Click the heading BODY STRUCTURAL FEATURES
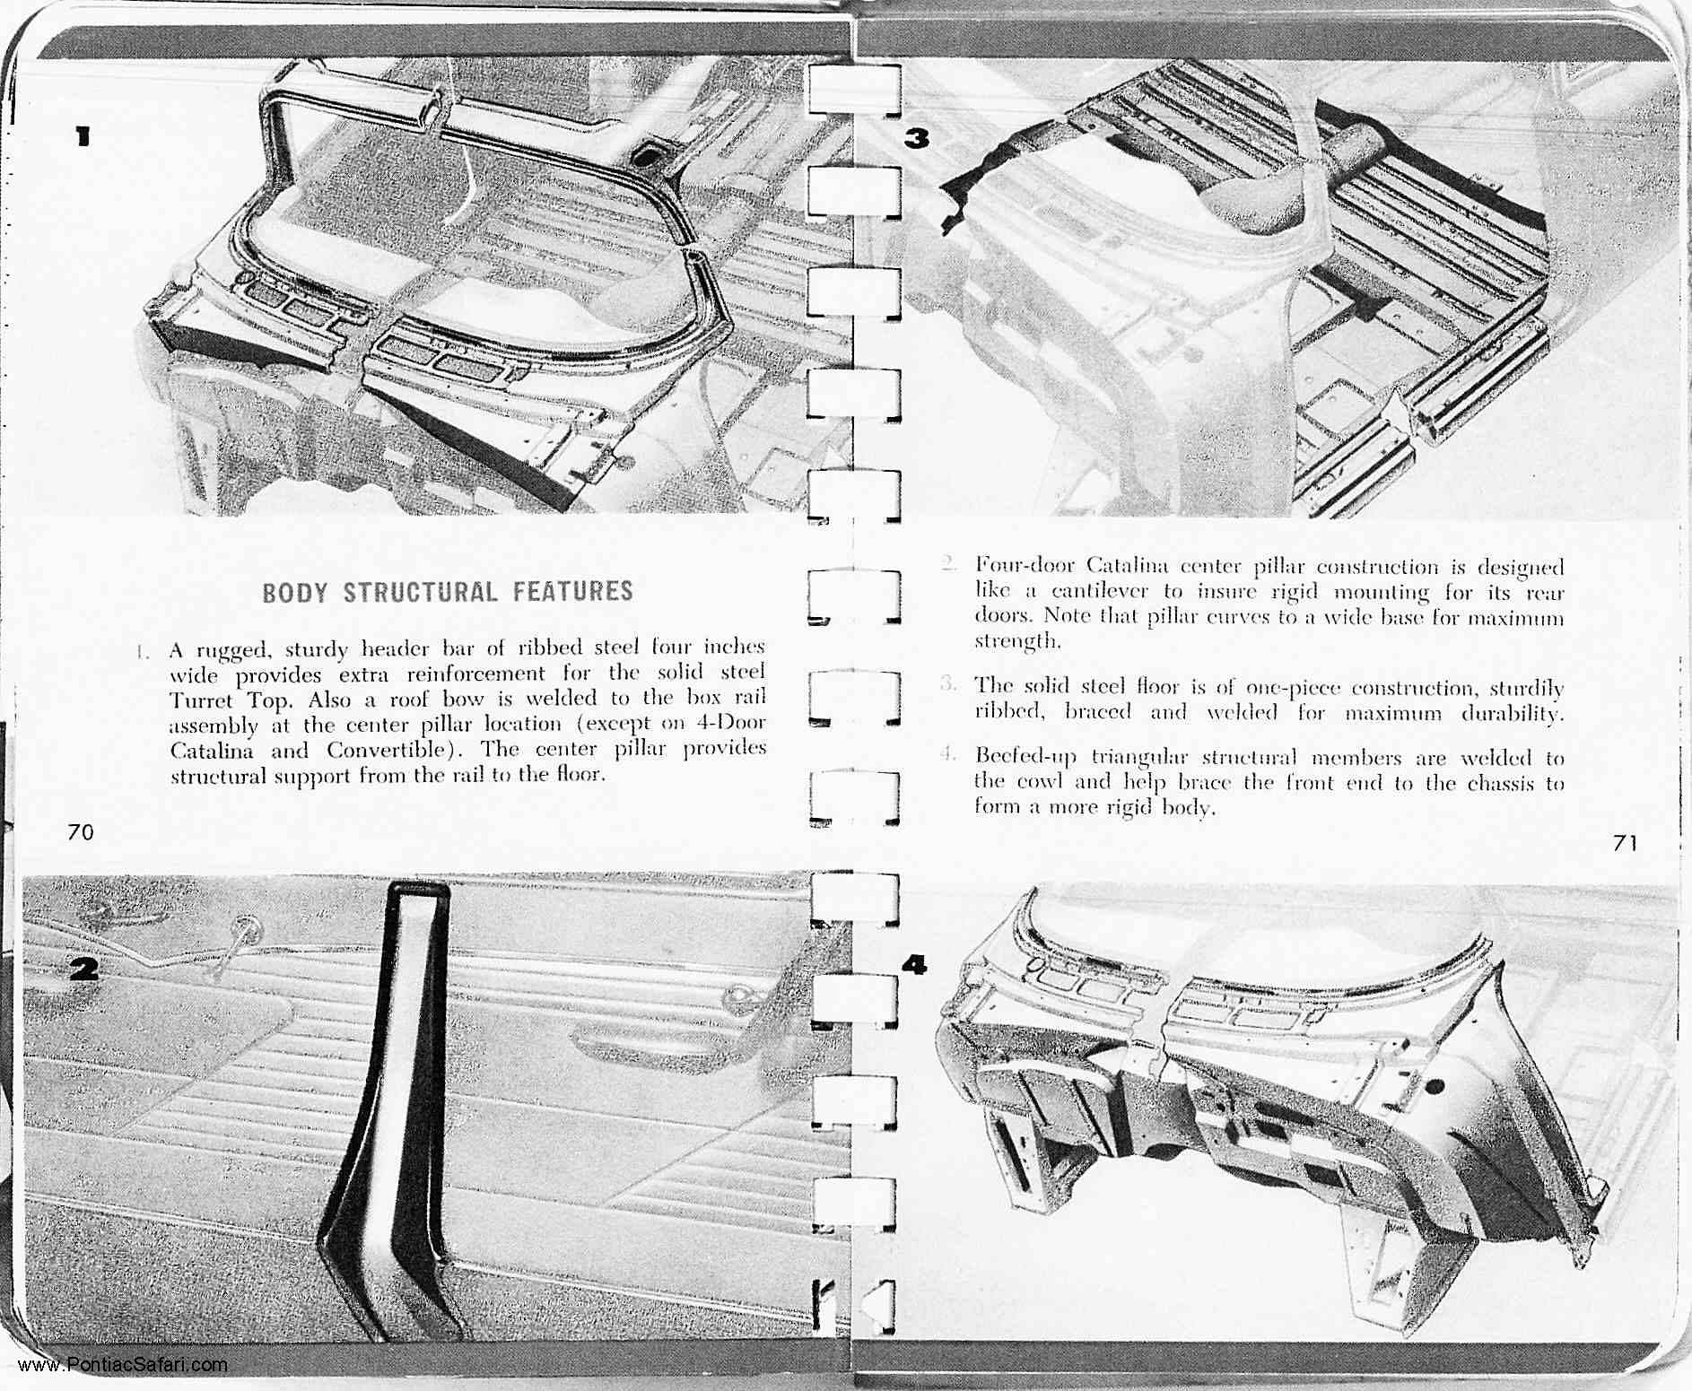coord(448,592)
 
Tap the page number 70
coord(80,832)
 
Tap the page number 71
coord(1625,843)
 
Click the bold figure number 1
coord(83,136)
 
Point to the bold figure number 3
coord(917,138)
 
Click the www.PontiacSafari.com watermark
coord(123,1366)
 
